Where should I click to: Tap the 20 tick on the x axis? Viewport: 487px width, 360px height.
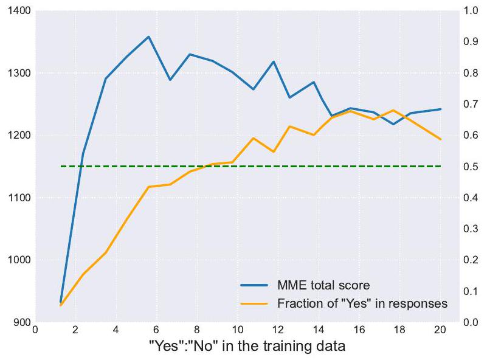point(440,330)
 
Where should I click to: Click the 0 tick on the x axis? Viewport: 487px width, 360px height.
point(36,330)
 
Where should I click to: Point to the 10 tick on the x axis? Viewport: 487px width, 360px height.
point(238,330)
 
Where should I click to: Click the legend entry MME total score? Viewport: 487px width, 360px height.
point(323,285)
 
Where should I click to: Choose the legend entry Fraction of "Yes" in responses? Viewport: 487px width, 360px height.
point(362,303)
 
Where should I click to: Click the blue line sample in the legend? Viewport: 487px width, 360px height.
point(255,285)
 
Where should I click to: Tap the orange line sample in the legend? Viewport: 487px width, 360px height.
point(255,303)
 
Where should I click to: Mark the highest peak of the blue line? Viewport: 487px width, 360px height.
point(148,36)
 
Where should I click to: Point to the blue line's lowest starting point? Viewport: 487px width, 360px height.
point(61,302)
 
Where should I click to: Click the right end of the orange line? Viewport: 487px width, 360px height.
point(440,139)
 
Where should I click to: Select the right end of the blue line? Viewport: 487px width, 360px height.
point(440,109)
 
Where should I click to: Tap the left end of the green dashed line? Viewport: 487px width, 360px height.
point(61,166)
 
